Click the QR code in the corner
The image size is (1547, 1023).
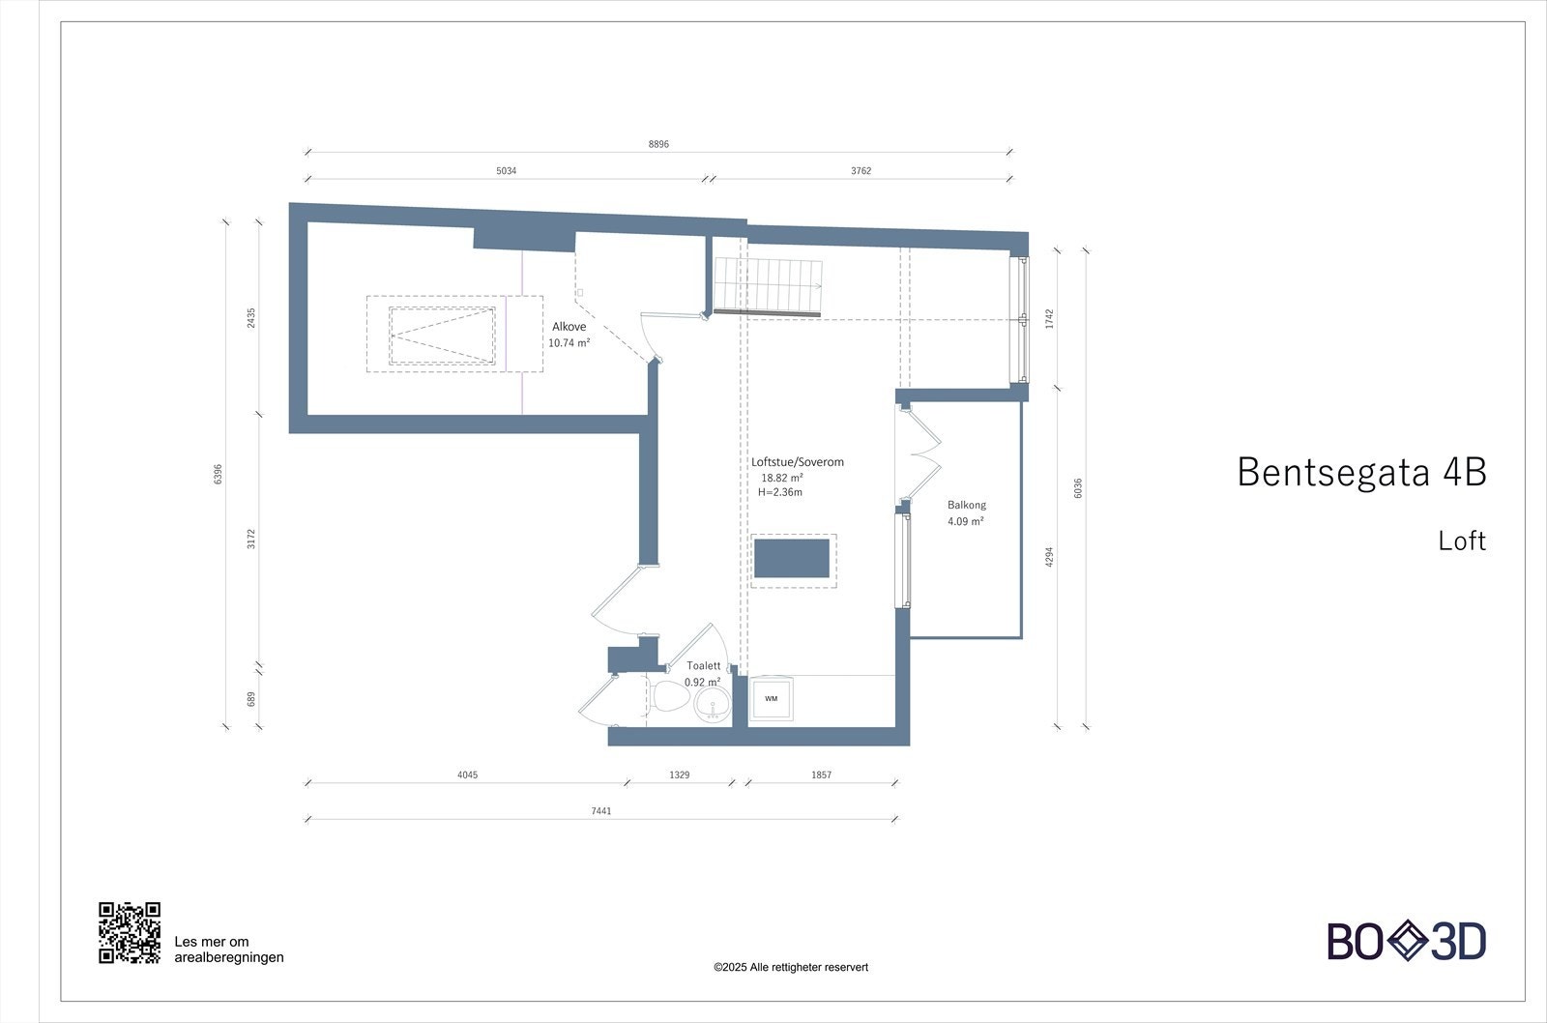129,933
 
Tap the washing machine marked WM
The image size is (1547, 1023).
772,698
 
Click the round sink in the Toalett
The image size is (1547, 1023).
713,704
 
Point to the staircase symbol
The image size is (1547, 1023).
768,286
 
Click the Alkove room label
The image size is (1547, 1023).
569,327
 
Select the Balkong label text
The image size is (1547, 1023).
967,505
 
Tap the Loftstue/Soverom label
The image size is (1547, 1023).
798,462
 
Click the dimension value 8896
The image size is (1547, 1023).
658,144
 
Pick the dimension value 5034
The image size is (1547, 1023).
507,171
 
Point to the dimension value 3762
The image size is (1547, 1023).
861,171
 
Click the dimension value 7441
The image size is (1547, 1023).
601,811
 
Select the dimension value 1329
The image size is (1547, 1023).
680,775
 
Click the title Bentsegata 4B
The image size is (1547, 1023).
1361,472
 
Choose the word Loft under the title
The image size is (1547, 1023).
1462,541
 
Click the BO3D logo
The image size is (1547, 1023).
1406,941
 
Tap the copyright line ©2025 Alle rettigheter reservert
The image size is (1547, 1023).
791,967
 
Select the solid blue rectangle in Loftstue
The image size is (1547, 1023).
792,559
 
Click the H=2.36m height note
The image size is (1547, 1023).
780,492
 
